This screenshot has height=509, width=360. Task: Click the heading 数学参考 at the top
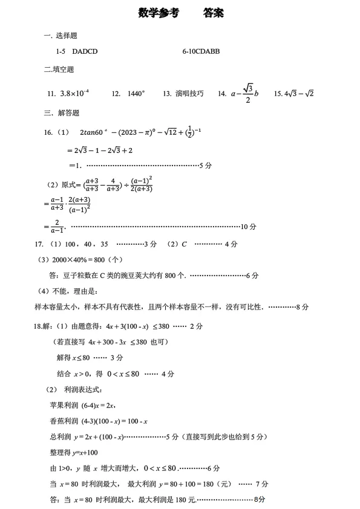coord(159,13)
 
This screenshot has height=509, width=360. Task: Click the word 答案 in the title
coord(214,13)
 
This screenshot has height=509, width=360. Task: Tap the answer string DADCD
coord(85,52)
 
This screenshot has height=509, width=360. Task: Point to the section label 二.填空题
coord(59,69)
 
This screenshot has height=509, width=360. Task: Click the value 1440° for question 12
coord(137,94)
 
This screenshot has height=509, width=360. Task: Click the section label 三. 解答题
coord(62,113)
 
